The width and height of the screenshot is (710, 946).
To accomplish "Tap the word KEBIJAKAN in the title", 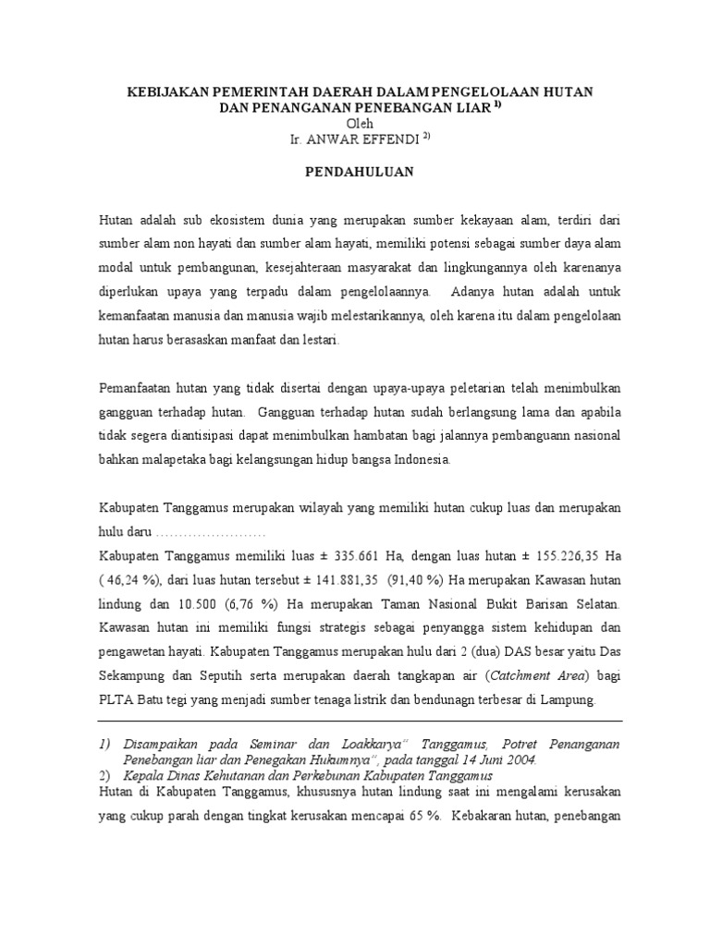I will click(166, 92).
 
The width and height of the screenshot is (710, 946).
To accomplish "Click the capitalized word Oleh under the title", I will click(360, 123).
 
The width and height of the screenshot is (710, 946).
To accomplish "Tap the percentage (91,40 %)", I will click(415, 579).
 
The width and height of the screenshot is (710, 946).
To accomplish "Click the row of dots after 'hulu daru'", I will click(211, 531).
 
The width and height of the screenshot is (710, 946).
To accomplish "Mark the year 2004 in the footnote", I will click(519, 759).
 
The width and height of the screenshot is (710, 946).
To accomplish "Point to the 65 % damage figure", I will click(423, 817).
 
